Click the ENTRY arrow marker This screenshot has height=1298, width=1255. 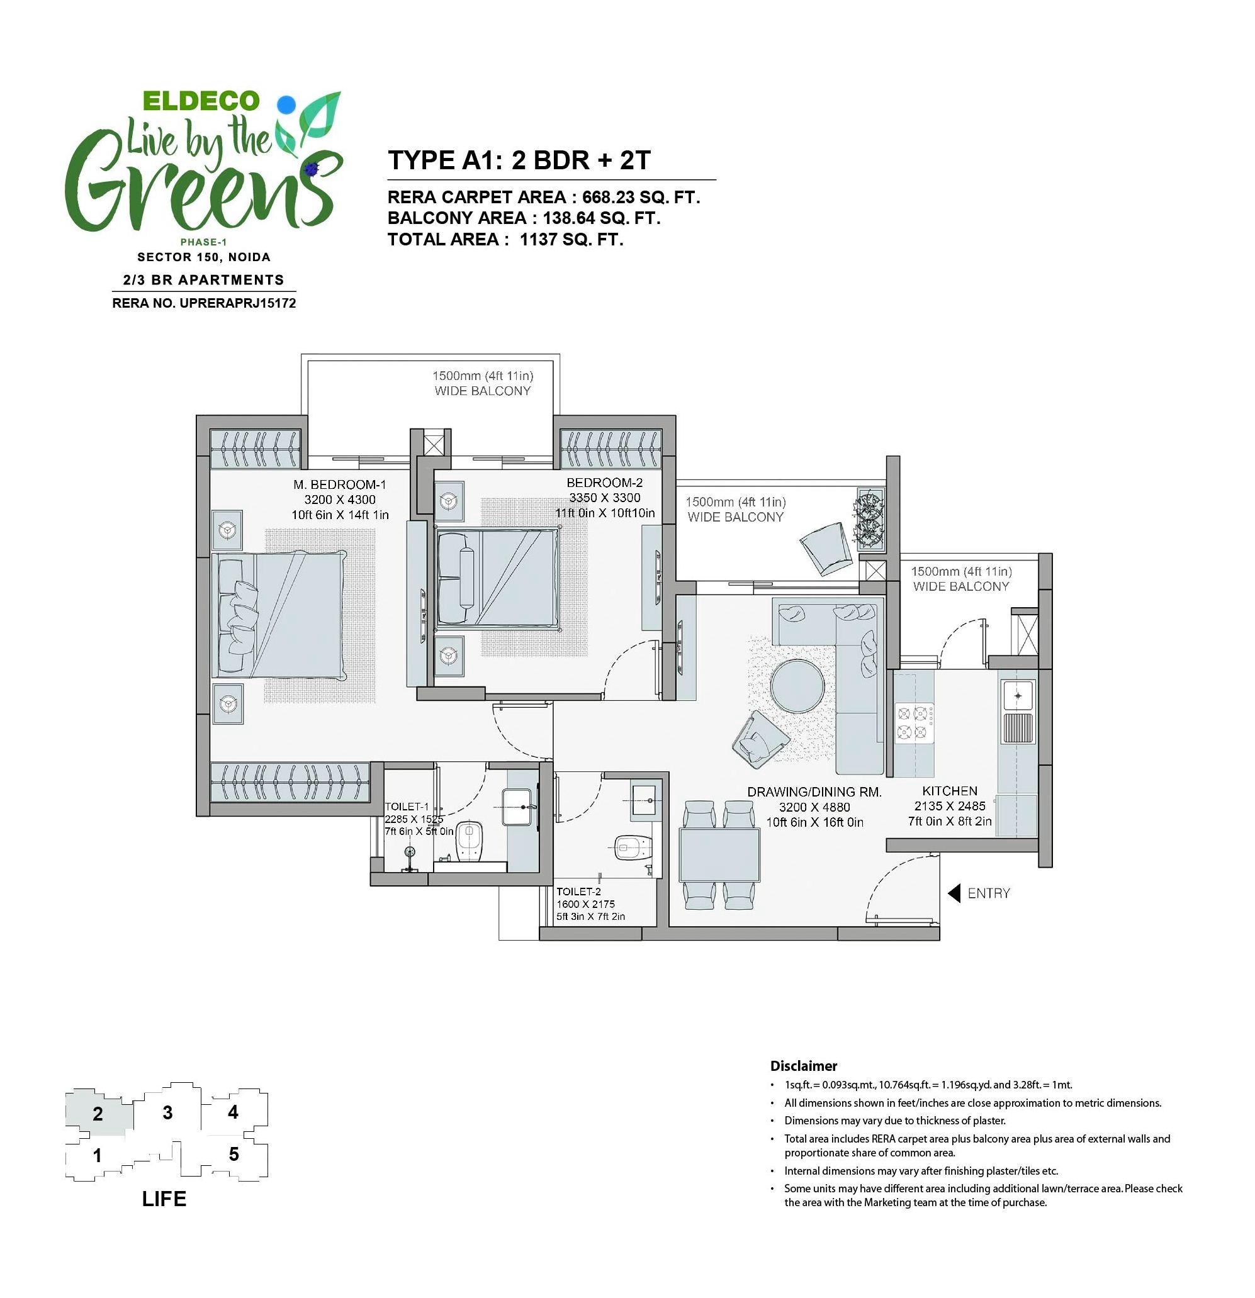954,893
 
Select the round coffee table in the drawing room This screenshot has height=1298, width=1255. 797,686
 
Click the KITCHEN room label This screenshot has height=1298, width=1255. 950,791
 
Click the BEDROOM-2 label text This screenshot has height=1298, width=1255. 604,483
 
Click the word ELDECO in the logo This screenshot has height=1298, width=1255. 201,101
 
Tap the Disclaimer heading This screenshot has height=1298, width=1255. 804,1066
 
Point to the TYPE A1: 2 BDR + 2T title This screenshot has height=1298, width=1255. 519,160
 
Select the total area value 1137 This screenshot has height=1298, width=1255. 538,240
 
